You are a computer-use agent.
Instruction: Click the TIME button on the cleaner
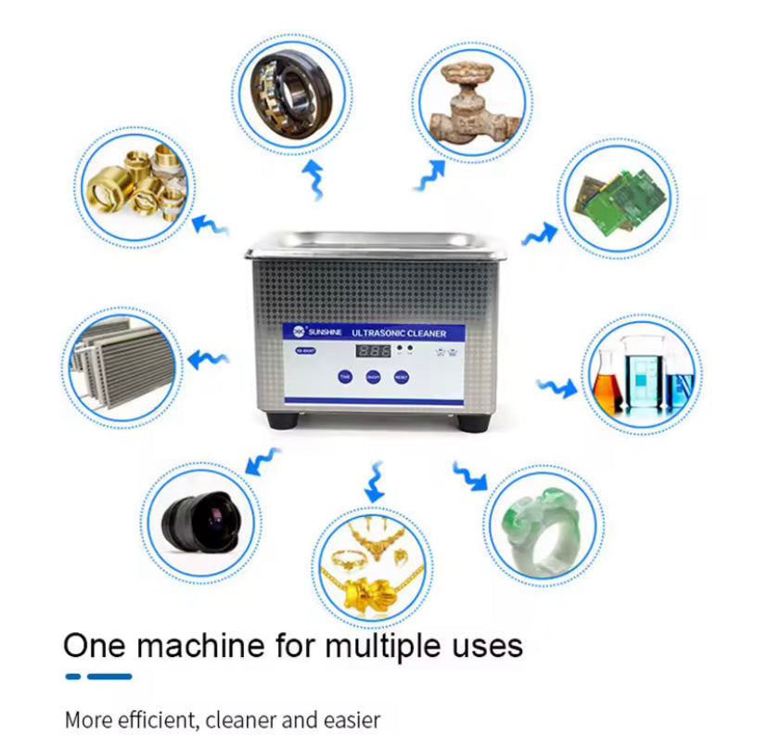coord(345,377)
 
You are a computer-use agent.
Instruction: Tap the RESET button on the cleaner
coord(402,377)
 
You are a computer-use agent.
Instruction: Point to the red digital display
coord(374,351)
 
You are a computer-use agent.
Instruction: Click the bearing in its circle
coord(289,90)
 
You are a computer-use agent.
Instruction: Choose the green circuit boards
coord(617,197)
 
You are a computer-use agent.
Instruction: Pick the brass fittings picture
coord(135,186)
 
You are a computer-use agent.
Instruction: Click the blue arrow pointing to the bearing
coord(314,178)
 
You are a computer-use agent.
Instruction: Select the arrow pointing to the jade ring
coord(471,476)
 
